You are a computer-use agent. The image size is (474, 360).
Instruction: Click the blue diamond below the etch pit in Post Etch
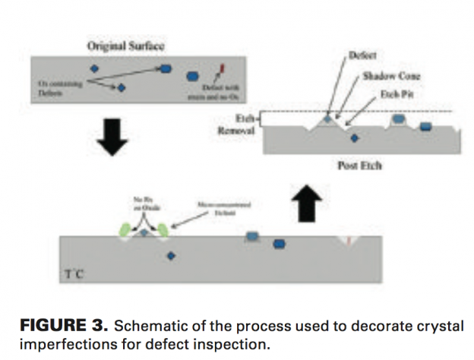point(353,137)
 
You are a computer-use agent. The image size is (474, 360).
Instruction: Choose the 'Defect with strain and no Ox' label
point(223,90)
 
